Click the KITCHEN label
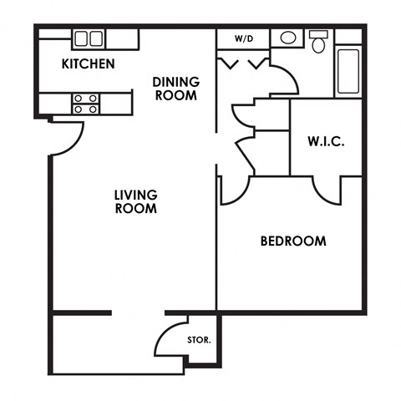[88, 64]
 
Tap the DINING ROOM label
[175, 88]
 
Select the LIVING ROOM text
[135, 201]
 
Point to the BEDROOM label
[292, 241]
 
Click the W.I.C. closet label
[326, 141]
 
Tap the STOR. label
[199, 340]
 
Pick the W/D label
[243, 38]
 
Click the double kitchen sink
[88, 38]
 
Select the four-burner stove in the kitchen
[84, 103]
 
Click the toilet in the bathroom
[318, 43]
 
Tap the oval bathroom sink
[287, 38]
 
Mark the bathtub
[348, 72]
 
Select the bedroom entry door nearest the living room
[234, 190]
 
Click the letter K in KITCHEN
[65, 64]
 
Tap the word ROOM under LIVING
[135, 209]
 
